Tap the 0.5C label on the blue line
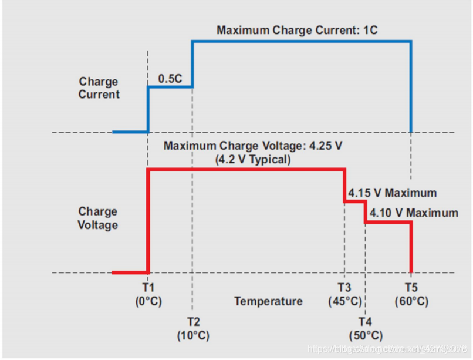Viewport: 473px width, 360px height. pos(170,78)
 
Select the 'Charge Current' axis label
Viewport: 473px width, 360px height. pos(99,88)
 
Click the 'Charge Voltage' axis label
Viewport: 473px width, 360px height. pos(98,218)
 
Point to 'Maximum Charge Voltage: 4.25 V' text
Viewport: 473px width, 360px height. pos(252,146)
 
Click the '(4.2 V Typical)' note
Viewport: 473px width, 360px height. pos(252,159)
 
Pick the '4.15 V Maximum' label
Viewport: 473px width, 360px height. pos(392,193)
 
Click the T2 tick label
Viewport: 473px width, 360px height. pos(193,322)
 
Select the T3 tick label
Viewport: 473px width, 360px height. pos(344,288)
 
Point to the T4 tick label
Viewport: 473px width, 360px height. pos(366,322)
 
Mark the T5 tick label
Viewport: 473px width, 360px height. pos(411,288)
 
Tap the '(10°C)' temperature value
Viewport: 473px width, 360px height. pos(193,336)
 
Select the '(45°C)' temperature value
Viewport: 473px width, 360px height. pos(345,301)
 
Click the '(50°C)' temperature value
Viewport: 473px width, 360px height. pos(366,336)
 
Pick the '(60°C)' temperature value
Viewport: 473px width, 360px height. pos(411,301)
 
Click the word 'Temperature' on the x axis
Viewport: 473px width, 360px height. pos(269,301)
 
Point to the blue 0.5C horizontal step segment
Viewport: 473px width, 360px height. pos(170,88)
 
